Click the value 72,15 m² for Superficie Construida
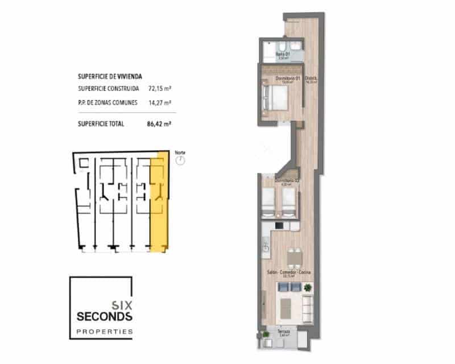(160, 89)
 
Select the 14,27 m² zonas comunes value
(160, 103)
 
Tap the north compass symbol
(180, 161)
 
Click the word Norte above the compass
(180, 152)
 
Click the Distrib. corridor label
(311, 78)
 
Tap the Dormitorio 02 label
(287, 181)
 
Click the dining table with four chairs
(294, 259)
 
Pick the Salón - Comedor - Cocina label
(290, 273)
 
